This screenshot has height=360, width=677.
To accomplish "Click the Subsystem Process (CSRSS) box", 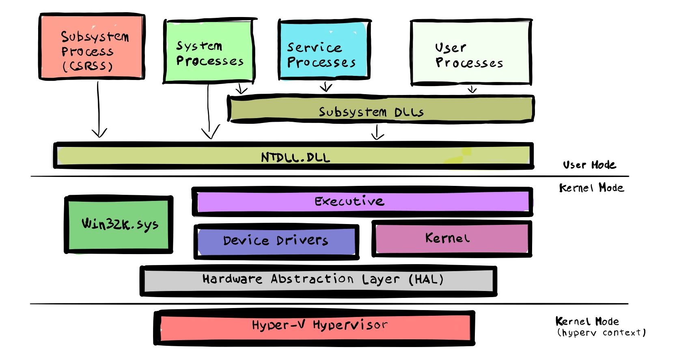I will pyautogui.click(x=92, y=46).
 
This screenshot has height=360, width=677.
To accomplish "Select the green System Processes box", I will pyautogui.click(x=209, y=51).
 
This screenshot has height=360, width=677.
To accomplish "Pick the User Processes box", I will pyautogui.click(x=471, y=52).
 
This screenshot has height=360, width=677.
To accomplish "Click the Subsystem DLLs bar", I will pyautogui.click(x=380, y=109).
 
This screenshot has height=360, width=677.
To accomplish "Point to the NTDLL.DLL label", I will pyautogui.click(x=295, y=157).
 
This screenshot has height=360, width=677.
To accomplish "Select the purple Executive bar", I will pyautogui.click(x=362, y=201).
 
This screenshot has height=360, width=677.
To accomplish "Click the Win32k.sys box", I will pyautogui.click(x=119, y=224).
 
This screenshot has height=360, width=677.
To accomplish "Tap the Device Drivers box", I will pyautogui.click(x=276, y=241).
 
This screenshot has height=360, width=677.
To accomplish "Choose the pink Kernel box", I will pyautogui.click(x=451, y=239).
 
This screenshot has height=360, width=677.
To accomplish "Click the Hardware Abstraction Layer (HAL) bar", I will pyautogui.click(x=318, y=280).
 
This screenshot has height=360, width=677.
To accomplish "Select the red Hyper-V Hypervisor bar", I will pyautogui.click(x=314, y=327).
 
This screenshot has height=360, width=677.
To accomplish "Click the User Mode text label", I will pyautogui.click(x=589, y=165).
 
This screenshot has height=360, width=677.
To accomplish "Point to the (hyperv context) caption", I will pyautogui.click(x=601, y=333).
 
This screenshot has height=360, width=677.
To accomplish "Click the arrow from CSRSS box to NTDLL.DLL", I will pyautogui.click(x=99, y=110).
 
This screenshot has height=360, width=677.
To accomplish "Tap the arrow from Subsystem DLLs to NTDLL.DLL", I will pyautogui.click(x=377, y=132).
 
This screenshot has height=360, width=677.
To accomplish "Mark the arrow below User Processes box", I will pyautogui.click(x=472, y=89).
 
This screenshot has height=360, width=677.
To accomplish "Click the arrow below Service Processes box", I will pyautogui.click(x=326, y=87).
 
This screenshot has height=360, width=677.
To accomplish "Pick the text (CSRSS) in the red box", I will pyautogui.click(x=88, y=66).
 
